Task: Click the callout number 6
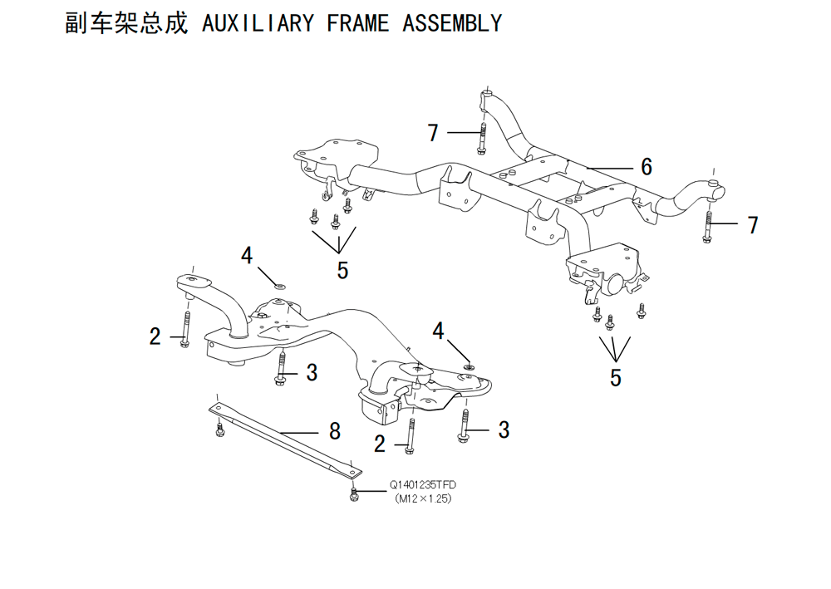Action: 646,166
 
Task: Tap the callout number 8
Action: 334,431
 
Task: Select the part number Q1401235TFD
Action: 423,484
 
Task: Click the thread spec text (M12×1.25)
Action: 423,498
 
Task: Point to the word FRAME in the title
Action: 357,23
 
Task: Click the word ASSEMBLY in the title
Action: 452,23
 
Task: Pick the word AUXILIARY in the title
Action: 258,23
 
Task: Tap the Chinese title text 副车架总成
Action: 126,23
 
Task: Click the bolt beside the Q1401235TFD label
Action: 354,494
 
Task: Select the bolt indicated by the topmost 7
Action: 482,138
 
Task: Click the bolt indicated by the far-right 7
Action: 707,227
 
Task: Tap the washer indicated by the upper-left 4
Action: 280,287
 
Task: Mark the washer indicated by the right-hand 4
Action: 469,366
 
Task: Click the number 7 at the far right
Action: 753,224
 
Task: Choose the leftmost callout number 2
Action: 155,336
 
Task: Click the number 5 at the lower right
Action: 615,378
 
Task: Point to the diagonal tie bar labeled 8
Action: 286,439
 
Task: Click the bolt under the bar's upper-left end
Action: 220,429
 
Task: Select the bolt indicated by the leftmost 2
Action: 185,330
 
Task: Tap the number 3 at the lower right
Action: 504,429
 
